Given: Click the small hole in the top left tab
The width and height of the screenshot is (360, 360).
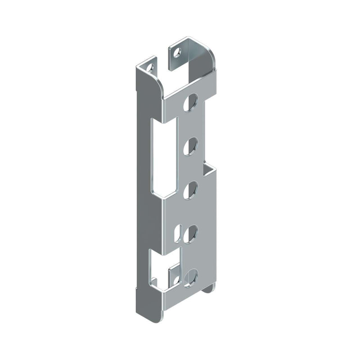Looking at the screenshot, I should coord(150,68).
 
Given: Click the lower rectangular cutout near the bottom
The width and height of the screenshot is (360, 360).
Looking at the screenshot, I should coord(163,268).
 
